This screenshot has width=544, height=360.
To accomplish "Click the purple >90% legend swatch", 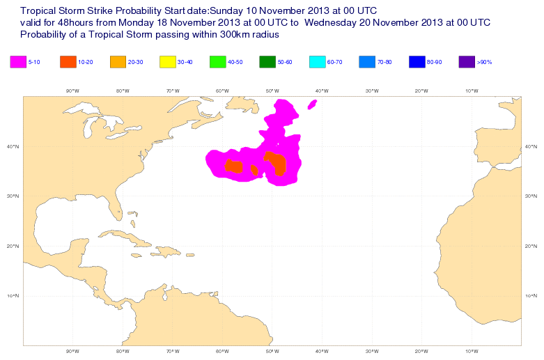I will tap(467, 62).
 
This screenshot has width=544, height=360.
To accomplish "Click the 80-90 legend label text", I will tap(434, 63).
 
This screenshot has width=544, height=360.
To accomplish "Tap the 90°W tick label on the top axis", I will tap(72, 91).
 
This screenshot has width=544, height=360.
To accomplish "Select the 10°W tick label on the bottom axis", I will tap(471, 351).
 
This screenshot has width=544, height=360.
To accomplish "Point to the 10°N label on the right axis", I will tap(531, 296).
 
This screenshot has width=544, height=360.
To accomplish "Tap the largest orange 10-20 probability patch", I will tap(278, 164).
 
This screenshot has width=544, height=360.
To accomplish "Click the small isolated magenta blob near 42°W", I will tap(312, 104).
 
